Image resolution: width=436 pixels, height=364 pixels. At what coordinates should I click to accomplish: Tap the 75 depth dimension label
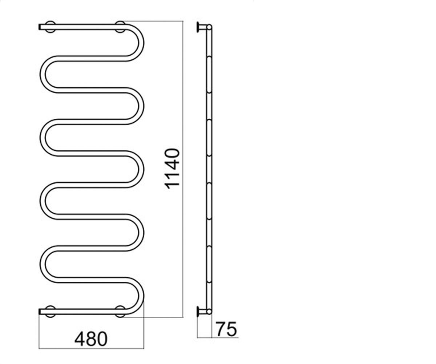tap(226, 329)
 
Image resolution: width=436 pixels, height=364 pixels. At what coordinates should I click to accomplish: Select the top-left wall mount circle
tap(51, 27)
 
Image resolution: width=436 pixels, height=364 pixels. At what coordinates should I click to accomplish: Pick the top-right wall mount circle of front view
tap(121, 27)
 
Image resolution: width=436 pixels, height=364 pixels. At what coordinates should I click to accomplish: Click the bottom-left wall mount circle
tap(51, 312)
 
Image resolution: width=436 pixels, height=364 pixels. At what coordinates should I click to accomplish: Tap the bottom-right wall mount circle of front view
tap(121, 312)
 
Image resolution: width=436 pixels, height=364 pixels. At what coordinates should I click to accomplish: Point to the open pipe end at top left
tap(40, 27)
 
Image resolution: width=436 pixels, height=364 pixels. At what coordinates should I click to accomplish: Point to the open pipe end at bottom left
tap(40, 312)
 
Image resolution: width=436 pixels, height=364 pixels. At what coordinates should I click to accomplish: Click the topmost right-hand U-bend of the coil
tap(141, 43)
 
